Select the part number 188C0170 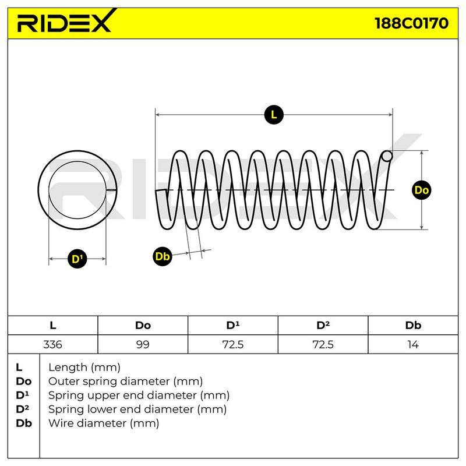411,23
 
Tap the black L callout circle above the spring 274,115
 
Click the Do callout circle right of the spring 421,190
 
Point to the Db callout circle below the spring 163,256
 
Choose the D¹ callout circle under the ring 77,259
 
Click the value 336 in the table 52,345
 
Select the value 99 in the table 143,345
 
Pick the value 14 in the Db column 413,345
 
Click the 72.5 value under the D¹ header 232,345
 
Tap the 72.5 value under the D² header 323,345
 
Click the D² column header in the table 323,325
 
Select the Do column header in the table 143,326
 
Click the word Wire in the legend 62,423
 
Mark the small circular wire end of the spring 387,156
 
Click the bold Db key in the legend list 24,423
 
